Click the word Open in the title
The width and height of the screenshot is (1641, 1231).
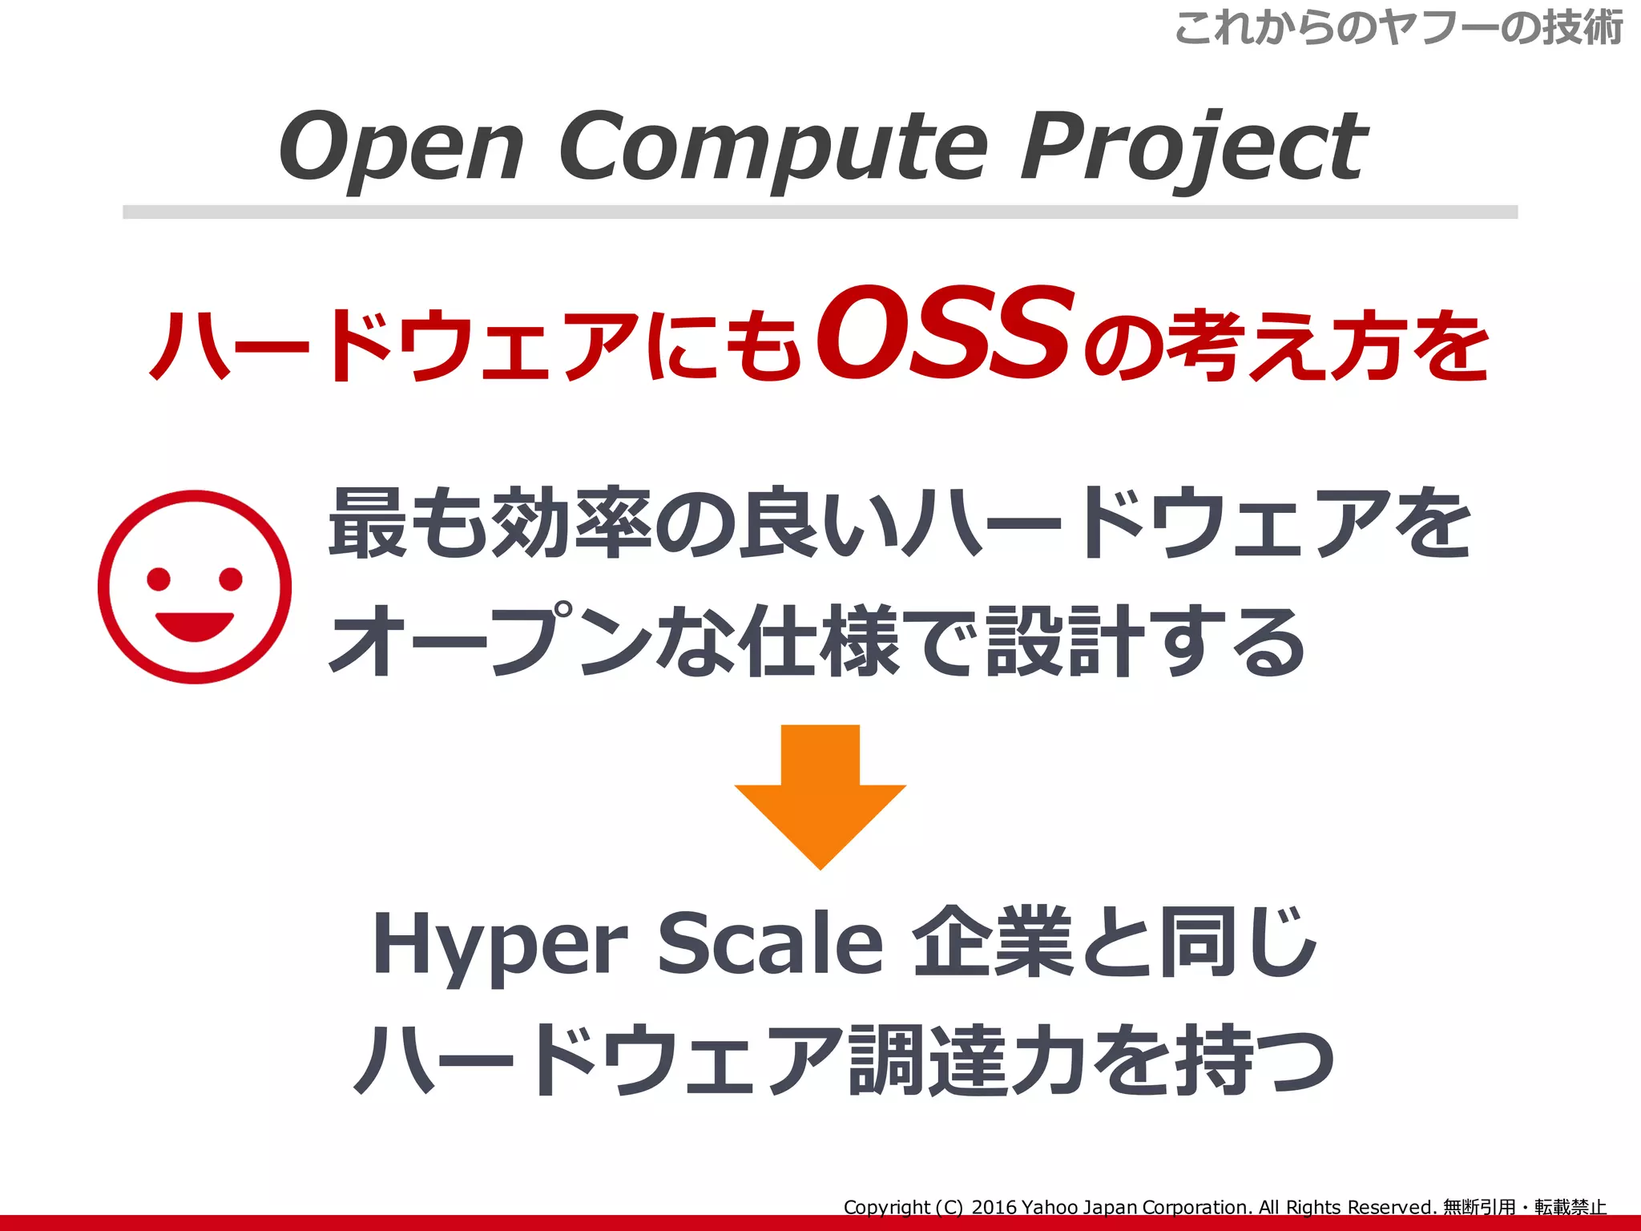(401, 148)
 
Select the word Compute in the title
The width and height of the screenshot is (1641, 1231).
(772, 148)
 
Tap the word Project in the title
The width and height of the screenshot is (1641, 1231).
(1194, 148)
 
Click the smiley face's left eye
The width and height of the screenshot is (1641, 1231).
(159, 578)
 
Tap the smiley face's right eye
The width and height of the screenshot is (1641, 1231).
(231, 578)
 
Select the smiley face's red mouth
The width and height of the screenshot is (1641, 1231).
(195, 625)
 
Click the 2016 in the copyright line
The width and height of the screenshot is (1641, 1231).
(994, 1207)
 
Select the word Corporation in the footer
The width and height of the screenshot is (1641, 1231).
(1196, 1207)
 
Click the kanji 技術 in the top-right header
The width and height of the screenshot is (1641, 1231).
(1583, 28)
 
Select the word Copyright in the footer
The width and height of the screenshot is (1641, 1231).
(887, 1207)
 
